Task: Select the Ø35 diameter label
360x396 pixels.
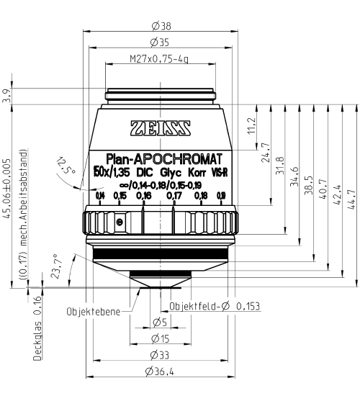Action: (x=160, y=42)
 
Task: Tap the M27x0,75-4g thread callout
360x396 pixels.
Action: (x=160, y=58)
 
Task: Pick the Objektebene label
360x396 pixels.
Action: (x=90, y=313)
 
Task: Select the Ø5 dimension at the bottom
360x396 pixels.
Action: (x=160, y=321)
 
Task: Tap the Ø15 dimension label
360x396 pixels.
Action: (x=160, y=338)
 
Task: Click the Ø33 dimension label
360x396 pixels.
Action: (x=160, y=355)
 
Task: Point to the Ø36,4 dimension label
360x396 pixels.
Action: (x=160, y=372)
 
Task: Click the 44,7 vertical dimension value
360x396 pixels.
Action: (x=351, y=192)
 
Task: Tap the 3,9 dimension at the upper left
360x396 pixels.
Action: (x=7, y=96)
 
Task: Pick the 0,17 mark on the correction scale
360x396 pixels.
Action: (x=174, y=195)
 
